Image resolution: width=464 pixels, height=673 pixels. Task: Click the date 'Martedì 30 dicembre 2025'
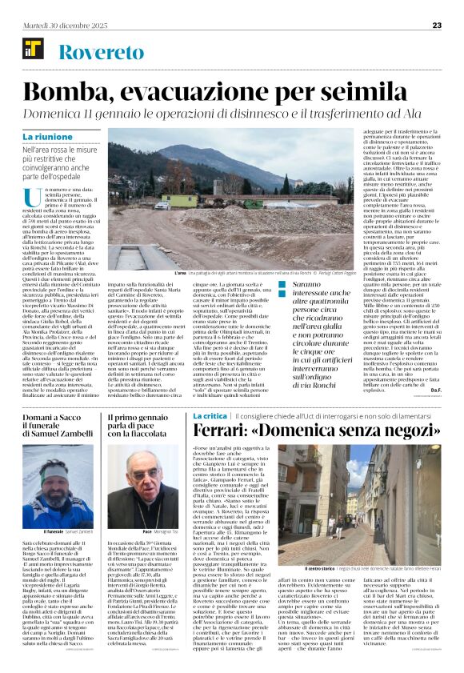57,26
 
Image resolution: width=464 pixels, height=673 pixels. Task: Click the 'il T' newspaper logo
33,53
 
